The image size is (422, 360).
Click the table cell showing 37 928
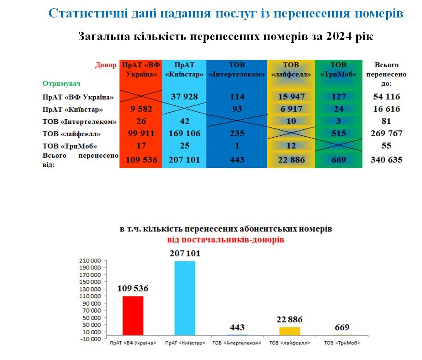(184, 97)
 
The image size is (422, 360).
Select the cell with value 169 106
(184, 134)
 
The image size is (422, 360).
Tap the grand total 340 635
(387, 160)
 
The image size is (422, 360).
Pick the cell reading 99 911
(141, 134)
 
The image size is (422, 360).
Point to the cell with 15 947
(291, 97)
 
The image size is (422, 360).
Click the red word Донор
(106, 65)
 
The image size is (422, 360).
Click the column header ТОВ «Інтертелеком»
(237, 70)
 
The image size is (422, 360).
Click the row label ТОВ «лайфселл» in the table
(71, 134)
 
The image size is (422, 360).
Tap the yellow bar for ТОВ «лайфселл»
(290, 331)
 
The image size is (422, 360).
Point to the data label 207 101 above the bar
(185, 254)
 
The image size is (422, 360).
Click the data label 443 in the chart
(237, 328)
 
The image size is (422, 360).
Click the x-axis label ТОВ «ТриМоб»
(341, 343)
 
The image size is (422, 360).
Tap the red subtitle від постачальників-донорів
(225, 240)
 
